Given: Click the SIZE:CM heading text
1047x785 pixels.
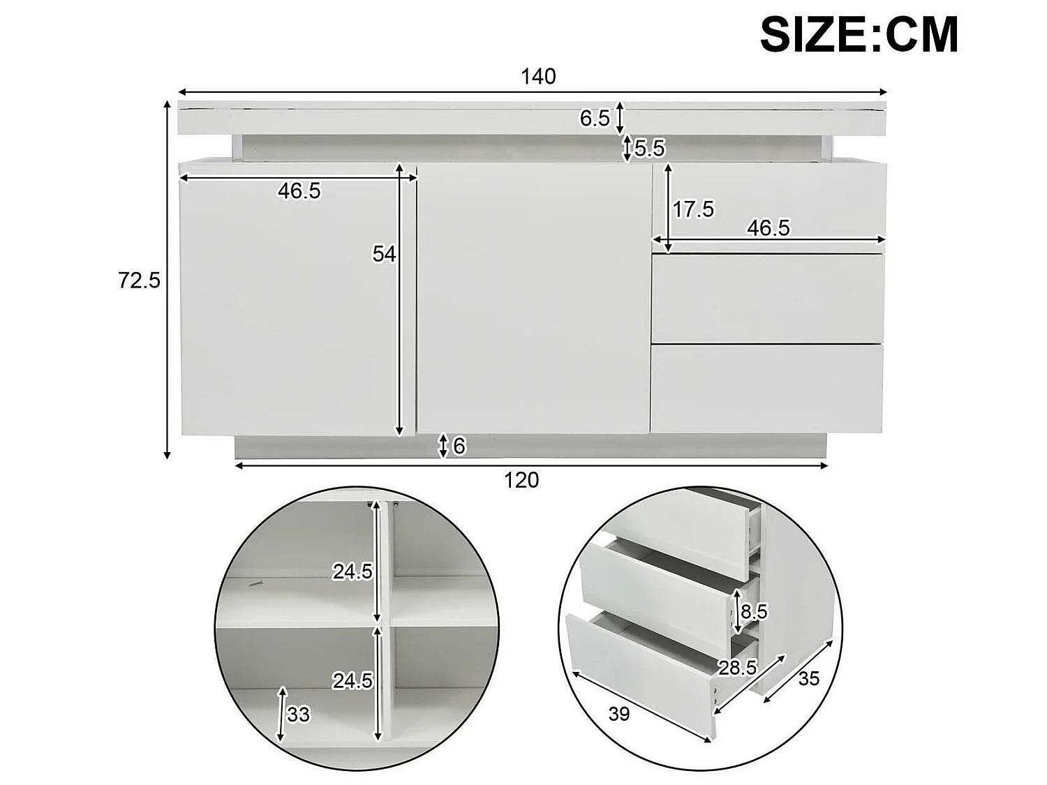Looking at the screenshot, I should pos(859,34).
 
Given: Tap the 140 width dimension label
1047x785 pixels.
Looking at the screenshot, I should pos(538,76).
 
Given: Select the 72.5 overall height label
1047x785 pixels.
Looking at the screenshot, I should pos(140,281).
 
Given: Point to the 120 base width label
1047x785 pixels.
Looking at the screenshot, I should pos(522,480).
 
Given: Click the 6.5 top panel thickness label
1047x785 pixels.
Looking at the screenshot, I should pos(595,119).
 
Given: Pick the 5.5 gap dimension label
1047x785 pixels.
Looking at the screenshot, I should pos(650,148).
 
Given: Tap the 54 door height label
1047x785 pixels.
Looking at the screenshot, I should pos(384,254).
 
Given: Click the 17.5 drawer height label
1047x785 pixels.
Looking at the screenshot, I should pos(694,209).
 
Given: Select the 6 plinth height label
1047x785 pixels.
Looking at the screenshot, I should pos(459,446).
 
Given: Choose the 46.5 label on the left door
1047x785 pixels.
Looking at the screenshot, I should pos(299,190).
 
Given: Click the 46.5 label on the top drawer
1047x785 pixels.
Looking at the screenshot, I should pos(768,227).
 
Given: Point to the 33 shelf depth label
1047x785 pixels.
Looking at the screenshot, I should pos(298,715).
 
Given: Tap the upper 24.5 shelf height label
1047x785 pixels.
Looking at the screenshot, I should pos(352,572).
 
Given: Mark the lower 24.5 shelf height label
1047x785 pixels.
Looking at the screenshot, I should pos(352,680).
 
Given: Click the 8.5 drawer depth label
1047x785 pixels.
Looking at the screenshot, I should pos(755,612).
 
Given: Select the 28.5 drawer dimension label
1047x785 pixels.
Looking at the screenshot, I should pos(738,668).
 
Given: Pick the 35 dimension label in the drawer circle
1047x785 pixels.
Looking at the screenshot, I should pos(808,678).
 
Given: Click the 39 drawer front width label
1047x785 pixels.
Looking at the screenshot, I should pos(619,714).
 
